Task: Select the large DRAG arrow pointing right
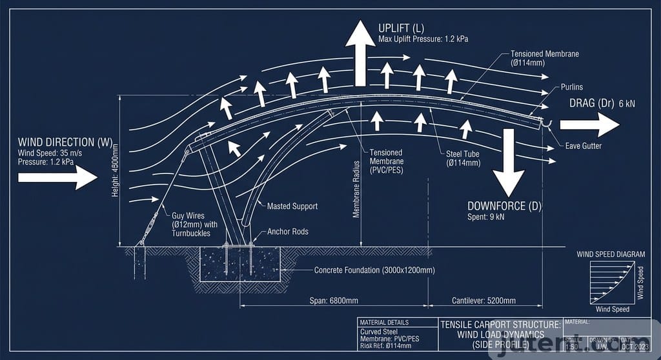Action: point(589,124)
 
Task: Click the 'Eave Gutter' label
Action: point(583,146)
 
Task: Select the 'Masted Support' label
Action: point(292,206)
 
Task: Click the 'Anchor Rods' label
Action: point(288,232)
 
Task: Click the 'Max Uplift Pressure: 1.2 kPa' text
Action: point(423,39)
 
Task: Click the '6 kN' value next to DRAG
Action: point(627,103)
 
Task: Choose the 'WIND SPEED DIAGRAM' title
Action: point(611,254)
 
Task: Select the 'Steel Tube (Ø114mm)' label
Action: point(463,158)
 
